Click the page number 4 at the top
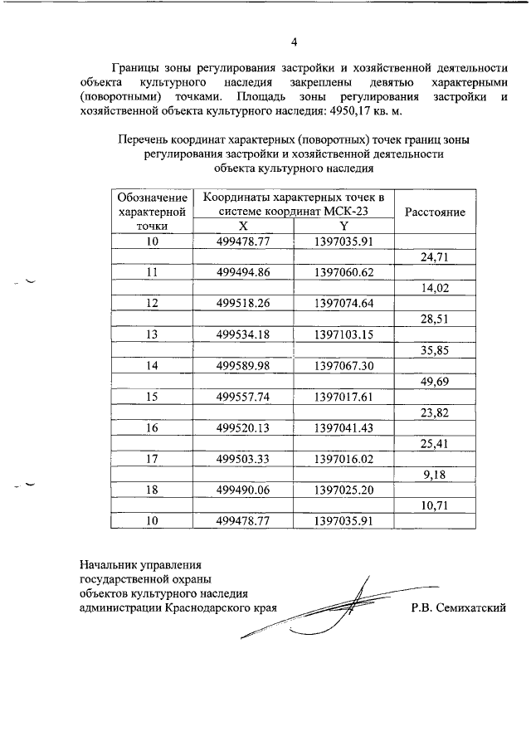294,42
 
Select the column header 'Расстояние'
435,212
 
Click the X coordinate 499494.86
242,272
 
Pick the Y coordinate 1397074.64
344,303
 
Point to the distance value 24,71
435,257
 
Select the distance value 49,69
435,381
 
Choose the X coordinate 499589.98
242,365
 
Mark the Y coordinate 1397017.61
344,397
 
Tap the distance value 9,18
435,474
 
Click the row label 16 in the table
152,427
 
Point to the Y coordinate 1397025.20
344,490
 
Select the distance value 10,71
435,505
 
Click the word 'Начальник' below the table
110,564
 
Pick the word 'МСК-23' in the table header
348,211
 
